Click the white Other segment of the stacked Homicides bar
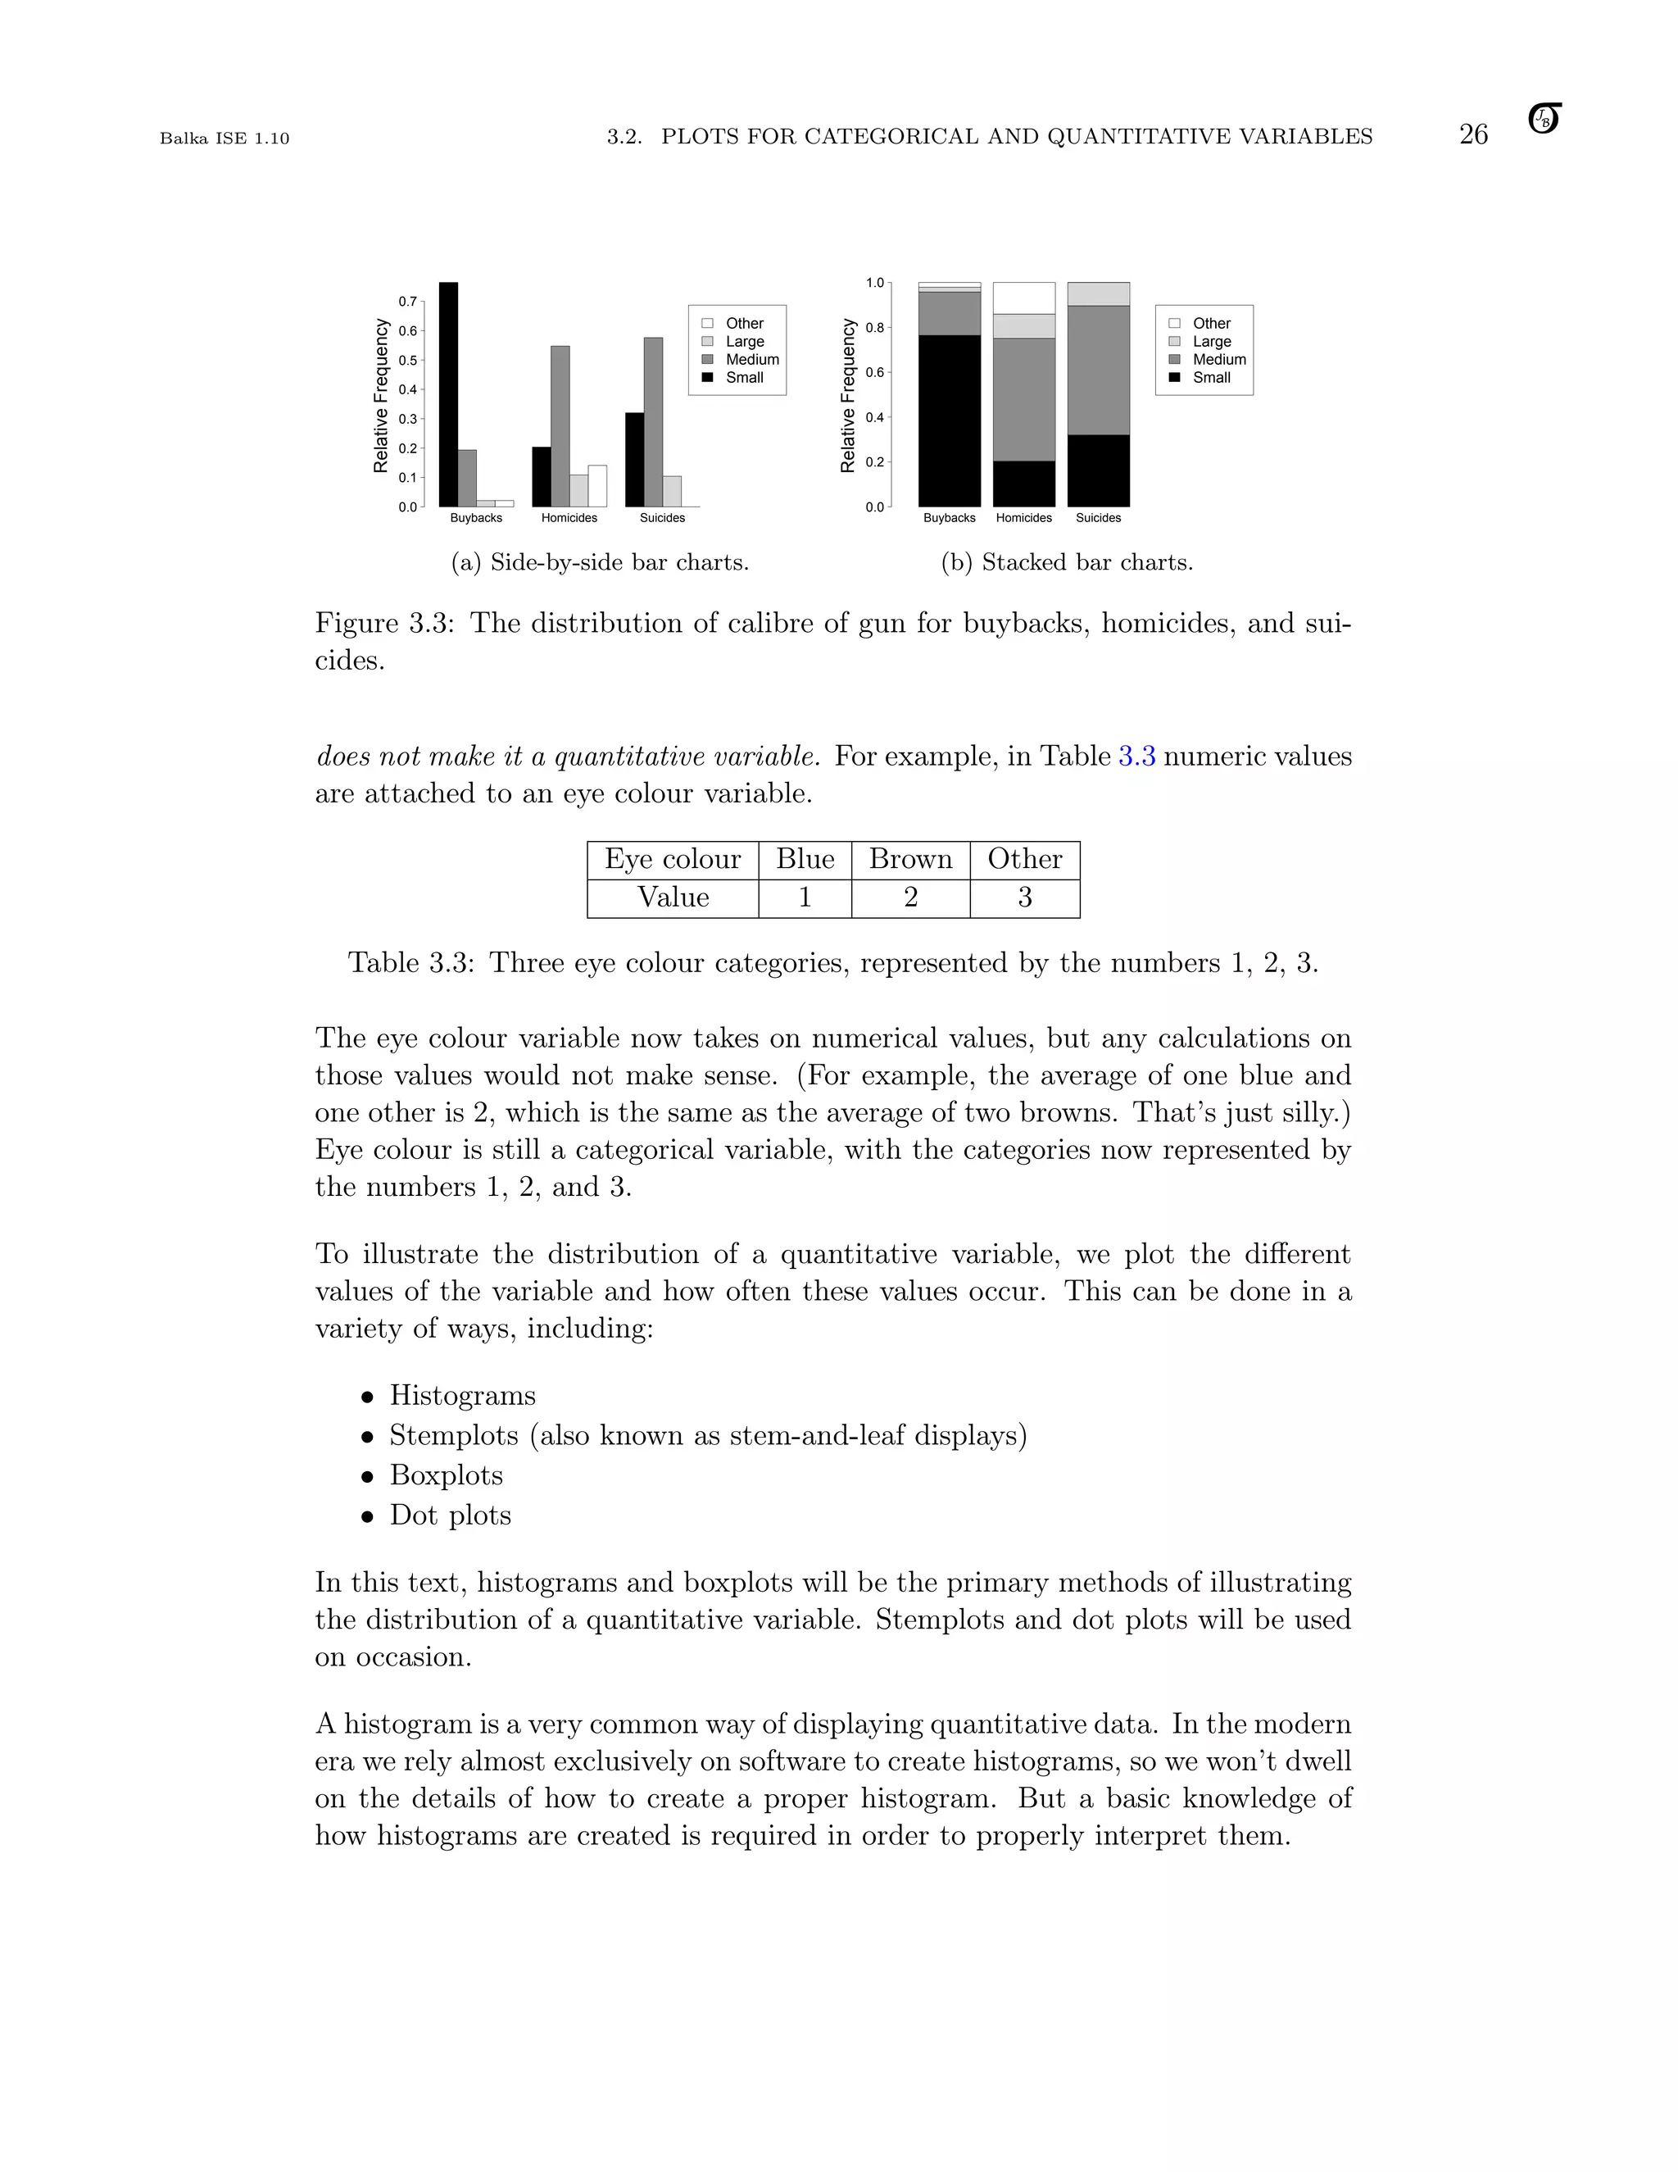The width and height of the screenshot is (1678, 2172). (x=1024, y=298)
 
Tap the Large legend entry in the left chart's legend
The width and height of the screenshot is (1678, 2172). (x=744, y=341)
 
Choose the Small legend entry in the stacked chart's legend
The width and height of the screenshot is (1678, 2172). (x=1211, y=377)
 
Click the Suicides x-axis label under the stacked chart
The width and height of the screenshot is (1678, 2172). (x=1099, y=518)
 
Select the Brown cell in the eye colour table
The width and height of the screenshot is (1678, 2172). (x=910, y=859)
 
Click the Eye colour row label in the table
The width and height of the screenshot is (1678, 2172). (x=673, y=859)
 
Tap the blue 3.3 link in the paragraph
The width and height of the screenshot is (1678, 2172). (x=1136, y=757)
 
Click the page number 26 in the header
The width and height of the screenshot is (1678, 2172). (x=1473, y=134)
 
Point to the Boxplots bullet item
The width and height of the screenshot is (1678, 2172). (x=447, y=1475)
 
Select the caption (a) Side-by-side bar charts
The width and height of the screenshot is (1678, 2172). (x=600, y=563)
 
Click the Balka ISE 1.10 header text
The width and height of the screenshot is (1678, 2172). (x=224, y=139)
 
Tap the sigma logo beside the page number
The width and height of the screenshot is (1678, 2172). (x=1544, y=120)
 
